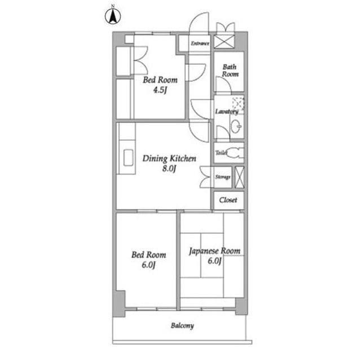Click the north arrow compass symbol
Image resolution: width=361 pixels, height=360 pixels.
click(x=113, y=17)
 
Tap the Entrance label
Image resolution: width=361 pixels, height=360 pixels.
click(x=200, y=43)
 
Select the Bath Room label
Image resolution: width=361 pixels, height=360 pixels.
click(x=230, y=70)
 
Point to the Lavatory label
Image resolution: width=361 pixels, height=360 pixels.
click(x=227, y=112)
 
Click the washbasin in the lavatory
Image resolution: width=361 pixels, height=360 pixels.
click(x=236, y=126)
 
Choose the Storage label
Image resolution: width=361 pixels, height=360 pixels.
click(x=223, y=177)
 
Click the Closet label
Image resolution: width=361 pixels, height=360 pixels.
click(x=228, y=200)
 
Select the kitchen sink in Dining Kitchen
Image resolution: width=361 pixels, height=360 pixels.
click(x=129, y=158)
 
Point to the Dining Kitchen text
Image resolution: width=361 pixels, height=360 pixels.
click(x=169, y=159)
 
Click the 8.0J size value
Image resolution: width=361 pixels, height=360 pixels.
click(x=169, y=169)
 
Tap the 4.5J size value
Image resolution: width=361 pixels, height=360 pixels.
click(x=160, y=90)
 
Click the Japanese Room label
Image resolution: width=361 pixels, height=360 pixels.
click(x=214, y=251)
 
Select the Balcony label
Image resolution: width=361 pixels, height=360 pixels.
click(x=182, y=326)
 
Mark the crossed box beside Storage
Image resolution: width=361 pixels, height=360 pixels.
click(x=239, y=177)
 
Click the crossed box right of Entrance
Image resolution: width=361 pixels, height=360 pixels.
click(x=224, y=42)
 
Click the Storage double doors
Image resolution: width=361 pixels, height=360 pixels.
click(x=205, y=177)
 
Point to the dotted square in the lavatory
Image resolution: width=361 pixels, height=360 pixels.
click(x=238, y=103)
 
